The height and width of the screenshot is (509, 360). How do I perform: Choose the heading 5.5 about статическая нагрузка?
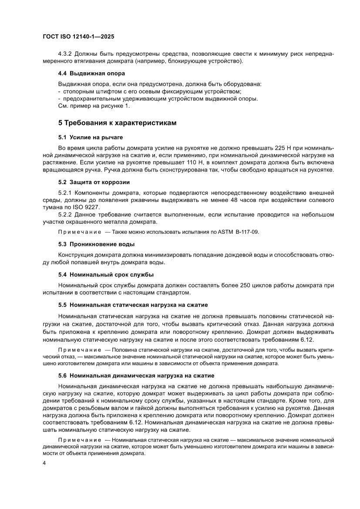click(133, 304)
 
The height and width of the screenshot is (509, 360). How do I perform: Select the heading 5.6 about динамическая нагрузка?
click(136, 375)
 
